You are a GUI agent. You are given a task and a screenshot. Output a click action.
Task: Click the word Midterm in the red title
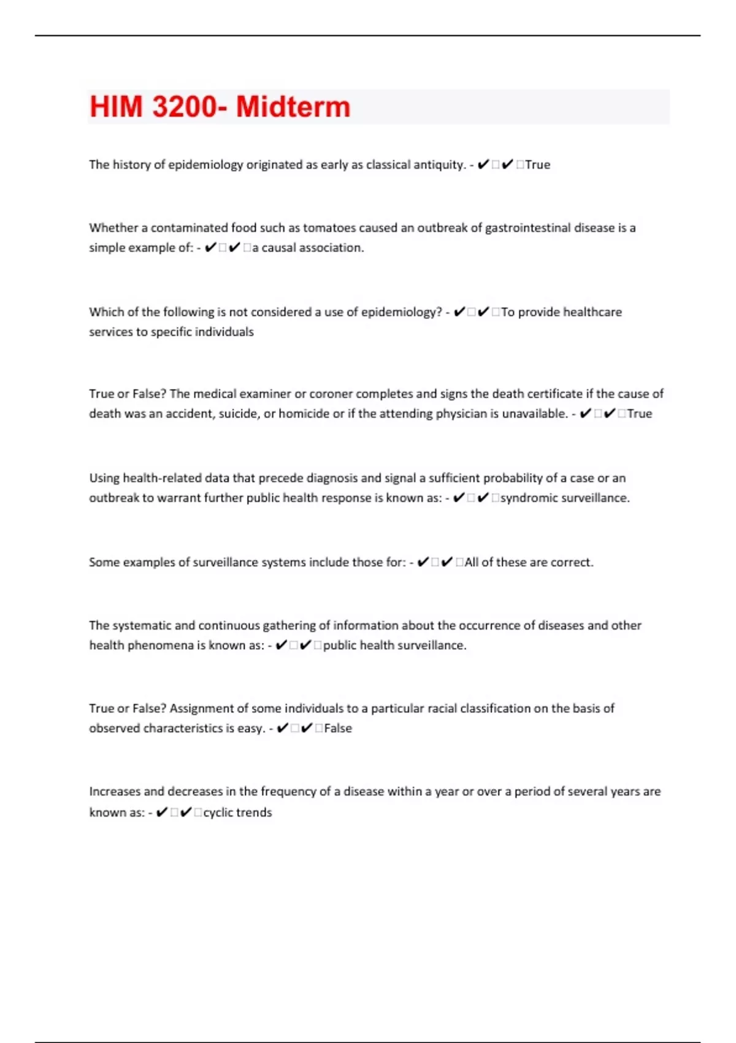293,107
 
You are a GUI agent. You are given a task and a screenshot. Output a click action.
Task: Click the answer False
338,728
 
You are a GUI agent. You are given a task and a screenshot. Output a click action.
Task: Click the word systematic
142,625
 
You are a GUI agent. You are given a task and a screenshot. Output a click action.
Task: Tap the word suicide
237,414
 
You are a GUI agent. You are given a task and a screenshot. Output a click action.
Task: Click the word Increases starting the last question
115,791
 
